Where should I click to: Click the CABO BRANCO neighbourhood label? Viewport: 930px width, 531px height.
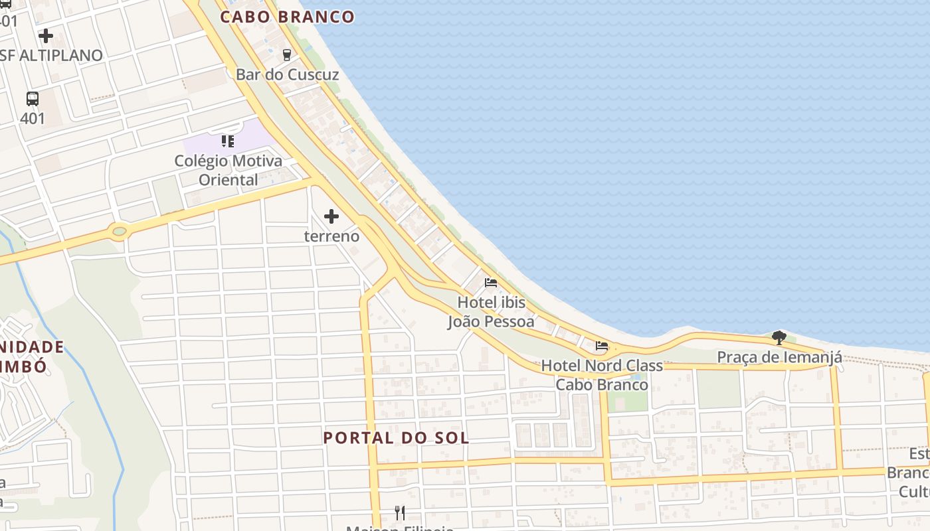click(x=287, y=17)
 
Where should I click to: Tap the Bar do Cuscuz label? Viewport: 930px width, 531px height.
click(x=287, y=74)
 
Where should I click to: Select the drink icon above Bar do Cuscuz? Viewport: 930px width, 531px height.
click(x=287, y=54)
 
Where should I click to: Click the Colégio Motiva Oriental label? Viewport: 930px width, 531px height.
click(x=228, y=170)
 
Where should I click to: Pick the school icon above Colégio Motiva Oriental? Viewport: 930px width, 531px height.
click(x=228, y=141)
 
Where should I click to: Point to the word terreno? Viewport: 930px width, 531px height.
click(x=331, y=236)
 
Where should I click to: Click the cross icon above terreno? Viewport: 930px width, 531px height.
click(x=331, y=216)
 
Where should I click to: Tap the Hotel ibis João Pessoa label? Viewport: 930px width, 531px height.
click(x=491, y=312)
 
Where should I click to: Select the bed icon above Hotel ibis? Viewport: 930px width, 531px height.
click(x=491, y=283)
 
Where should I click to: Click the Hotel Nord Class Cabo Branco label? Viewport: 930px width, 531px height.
click(x=602, y=375)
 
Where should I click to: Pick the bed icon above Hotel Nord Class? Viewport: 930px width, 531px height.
click(x=602, y=346)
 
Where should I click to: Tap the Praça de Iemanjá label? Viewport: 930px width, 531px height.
click(x=779, y=357)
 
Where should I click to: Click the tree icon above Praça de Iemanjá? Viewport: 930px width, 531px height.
click(x=779, y=338)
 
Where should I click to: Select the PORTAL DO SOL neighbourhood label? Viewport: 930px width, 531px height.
click(x=396, y=438)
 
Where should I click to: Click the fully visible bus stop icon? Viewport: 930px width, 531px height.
click(x=33, y=99)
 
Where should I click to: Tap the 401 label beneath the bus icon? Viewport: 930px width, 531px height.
click(x=33, y=119)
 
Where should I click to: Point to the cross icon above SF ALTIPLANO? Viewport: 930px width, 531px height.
click(x=46, y=36)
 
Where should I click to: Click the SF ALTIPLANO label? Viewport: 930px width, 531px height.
click(x=52, y=56)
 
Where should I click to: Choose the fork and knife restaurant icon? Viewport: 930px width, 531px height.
click(x=400, y=512)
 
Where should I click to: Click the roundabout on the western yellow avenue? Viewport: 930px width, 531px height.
click(x=119, y=232)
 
